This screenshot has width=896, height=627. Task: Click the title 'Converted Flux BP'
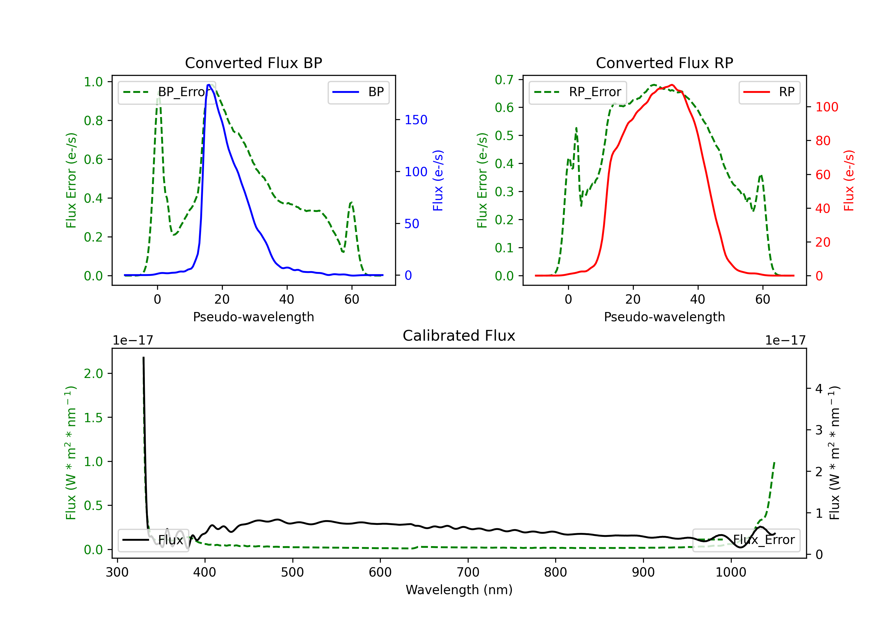click(x=253, y=63)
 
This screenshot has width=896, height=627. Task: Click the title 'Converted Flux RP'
click(x=664, y=63)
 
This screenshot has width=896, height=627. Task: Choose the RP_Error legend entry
click(x=578, y=92)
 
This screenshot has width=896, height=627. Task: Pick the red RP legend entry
click(x=769, y=92)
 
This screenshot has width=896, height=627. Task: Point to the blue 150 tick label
click(x=416, y=120)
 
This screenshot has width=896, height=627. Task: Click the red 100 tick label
click(x=826, y=107)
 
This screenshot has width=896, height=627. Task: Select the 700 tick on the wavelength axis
click(x=467, y=572)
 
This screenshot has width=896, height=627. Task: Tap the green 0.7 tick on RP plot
click(x=504, y=80)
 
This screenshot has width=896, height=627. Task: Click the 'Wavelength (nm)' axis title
click(x=459, y=590)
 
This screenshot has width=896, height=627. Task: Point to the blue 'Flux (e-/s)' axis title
click(x=438, y=180)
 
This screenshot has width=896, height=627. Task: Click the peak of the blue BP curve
click(x=209, y=85)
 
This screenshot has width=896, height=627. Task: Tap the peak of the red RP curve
click(x=672, y=85)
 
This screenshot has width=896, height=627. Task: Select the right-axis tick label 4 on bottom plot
click(x=819, y=389)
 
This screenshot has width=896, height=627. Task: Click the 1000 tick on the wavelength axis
click(x=731, y=572)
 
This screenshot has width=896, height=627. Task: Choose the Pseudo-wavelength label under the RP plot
click(x=664, y=317)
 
